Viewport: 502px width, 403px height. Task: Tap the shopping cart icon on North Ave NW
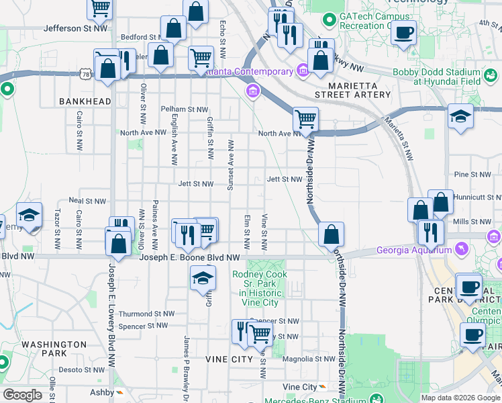pyautogui.click(x=305, y=119)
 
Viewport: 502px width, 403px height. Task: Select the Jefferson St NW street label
pyautogui.click(x=76, y=28)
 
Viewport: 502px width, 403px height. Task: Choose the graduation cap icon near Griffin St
pyautogui.click(x=203, y=279)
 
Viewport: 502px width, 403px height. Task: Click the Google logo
pyautogui.click(x=22, y=395)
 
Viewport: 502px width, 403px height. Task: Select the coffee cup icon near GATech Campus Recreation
pyautogui.click(x=404, y=32)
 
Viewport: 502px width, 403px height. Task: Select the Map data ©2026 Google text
pyautogui.click(x=460, y=398)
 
